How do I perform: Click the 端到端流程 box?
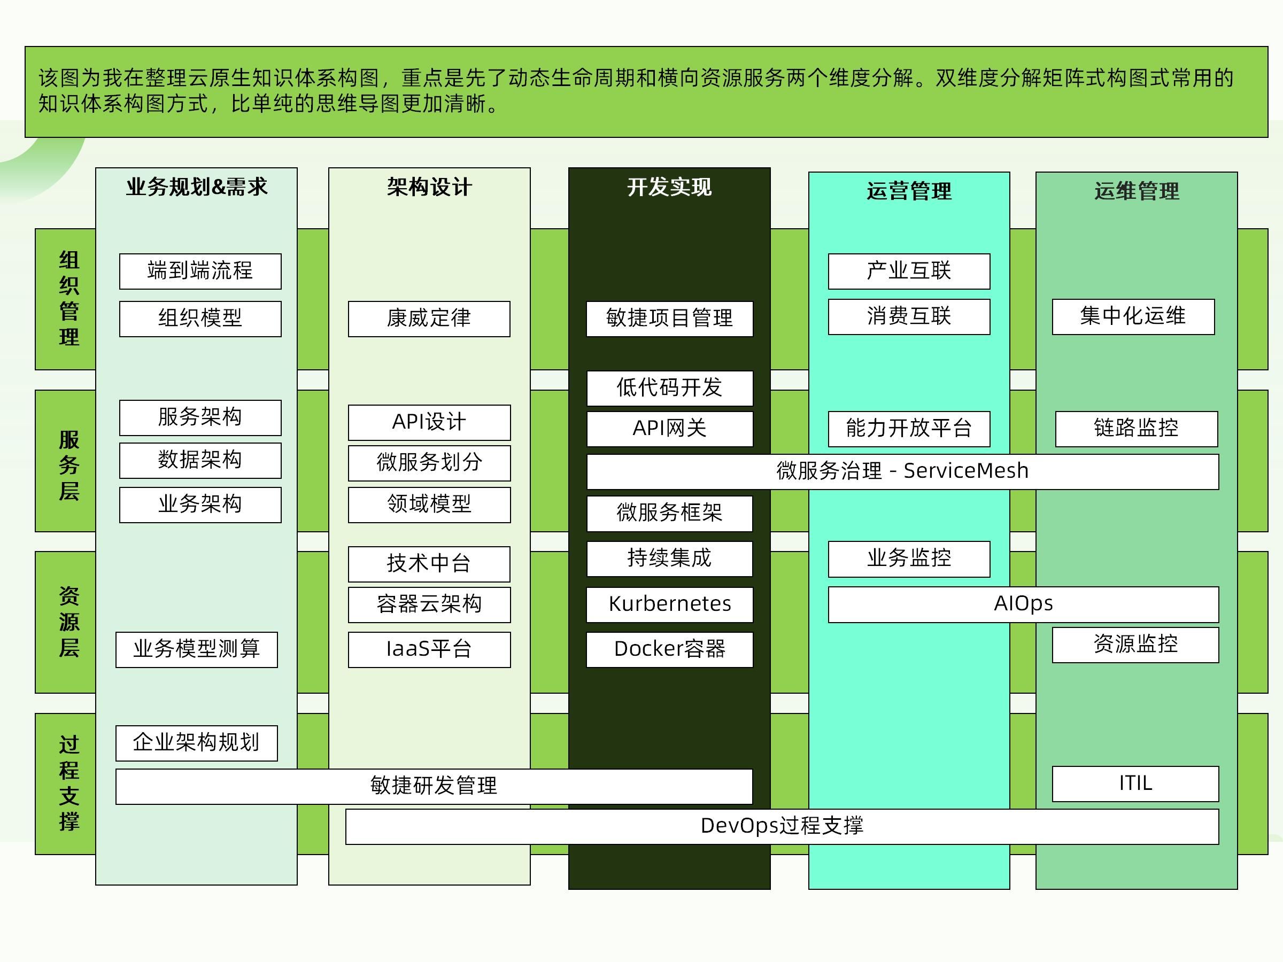[200, 271]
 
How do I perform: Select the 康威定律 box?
[429, 319]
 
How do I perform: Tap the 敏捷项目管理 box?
[669, 319]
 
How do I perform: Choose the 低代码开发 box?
[669, 388]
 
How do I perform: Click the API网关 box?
[669, 429]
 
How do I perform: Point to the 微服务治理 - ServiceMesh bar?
[902, 471]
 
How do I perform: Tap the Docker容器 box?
[669, 649]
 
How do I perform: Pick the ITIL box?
[1135, 784]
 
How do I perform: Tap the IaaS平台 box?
[429, 649]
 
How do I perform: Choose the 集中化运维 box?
[1133, 316]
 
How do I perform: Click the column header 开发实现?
[669, 187]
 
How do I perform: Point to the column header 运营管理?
[909, 191]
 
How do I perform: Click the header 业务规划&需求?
[197, 187]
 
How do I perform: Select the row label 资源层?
[68, 622]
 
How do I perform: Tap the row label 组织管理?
[68, 299]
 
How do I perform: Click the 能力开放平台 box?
[909, 429]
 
